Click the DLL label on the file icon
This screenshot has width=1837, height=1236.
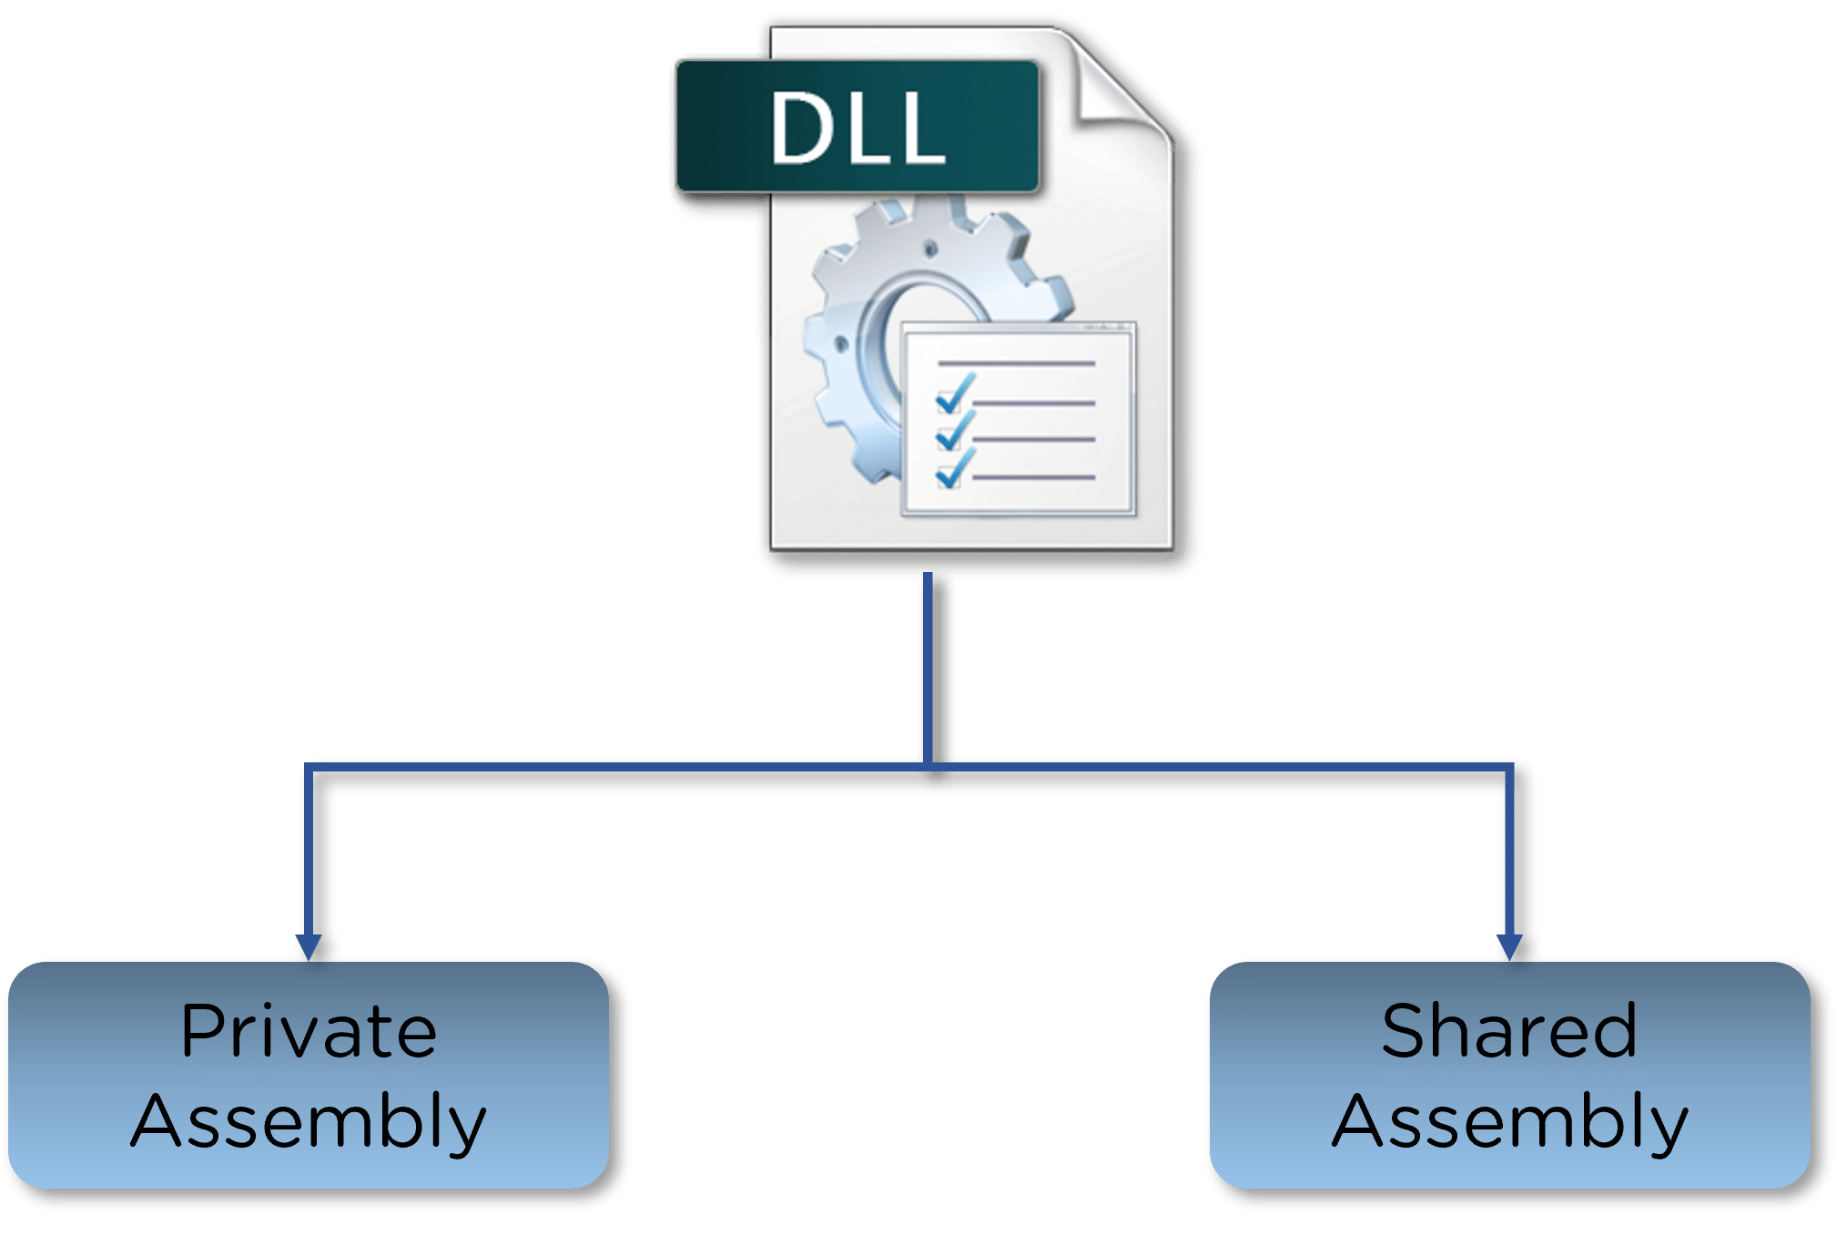point(856,128)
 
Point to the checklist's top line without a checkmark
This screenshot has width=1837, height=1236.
point(1016,363)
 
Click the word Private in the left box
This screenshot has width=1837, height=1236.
point(309,1031)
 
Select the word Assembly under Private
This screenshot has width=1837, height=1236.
point(309,1120)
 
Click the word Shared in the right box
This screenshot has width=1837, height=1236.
point(1508,1031)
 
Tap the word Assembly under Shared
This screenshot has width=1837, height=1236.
point(1509,1120)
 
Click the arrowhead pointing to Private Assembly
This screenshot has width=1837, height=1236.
point(309,946)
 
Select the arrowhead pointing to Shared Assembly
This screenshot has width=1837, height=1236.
point(1508,946)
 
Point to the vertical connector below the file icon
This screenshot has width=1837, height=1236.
point(928,665)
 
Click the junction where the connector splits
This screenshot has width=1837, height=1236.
point(928,766)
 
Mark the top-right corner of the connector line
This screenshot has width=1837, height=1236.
point(1508,767)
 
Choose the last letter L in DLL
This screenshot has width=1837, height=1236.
point(921,129)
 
